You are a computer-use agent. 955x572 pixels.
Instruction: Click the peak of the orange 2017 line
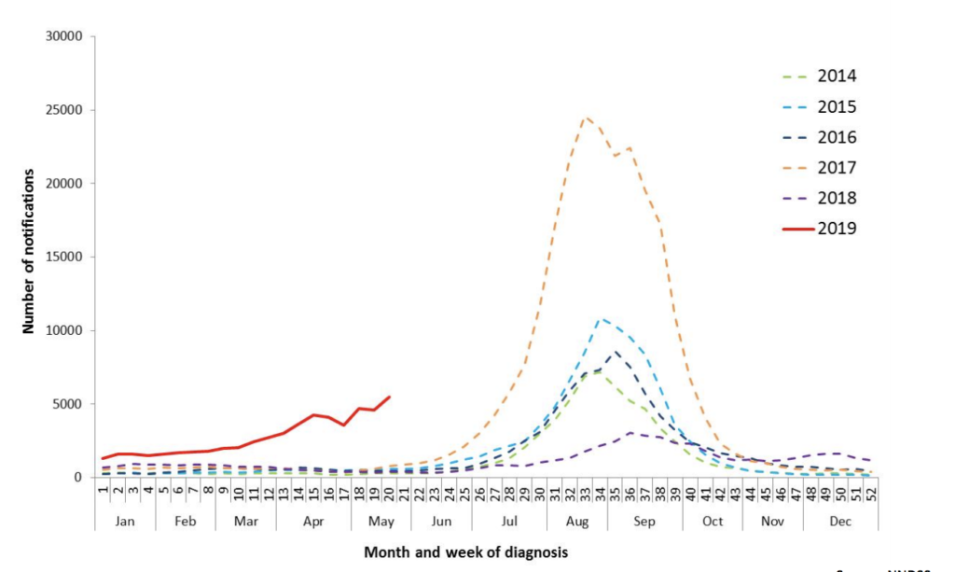coord(586,118)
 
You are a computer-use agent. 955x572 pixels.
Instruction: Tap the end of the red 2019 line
coord(389,397)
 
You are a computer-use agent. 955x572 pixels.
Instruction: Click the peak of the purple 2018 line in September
coord(631,432)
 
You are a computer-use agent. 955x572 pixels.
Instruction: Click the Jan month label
coord(125,522)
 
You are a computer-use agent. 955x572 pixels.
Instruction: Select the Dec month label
coord(840,522)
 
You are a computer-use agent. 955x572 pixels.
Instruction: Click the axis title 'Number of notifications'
coord(29,252)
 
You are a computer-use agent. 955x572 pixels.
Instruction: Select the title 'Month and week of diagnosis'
coord(465,552)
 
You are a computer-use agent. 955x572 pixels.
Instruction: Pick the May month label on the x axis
coord(381,522)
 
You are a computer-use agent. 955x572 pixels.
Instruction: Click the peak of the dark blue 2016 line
coord(616,352)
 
